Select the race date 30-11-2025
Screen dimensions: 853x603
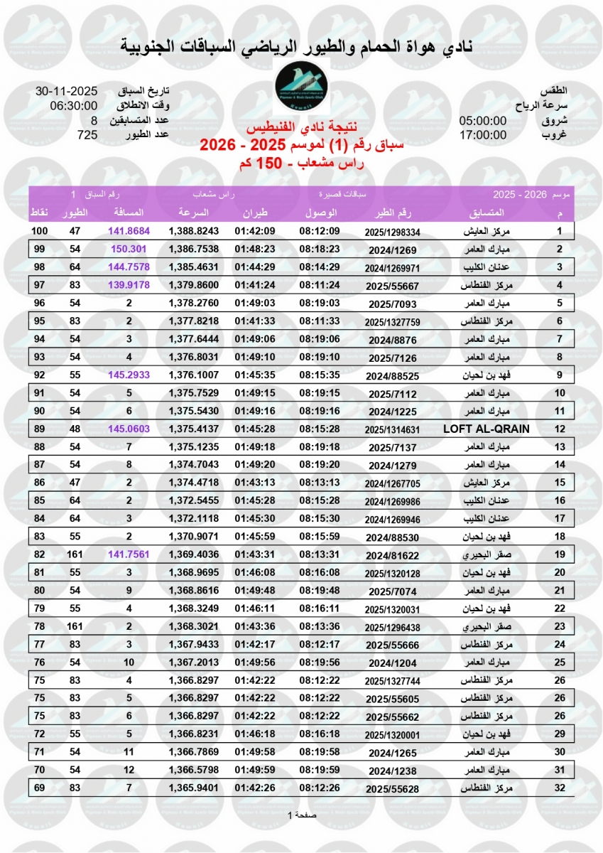(x=65, y=92)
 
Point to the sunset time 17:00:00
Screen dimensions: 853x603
(x=483, y=134)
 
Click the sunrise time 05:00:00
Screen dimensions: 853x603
(x=483, y=120)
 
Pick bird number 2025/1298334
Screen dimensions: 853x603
(x=393, y=232)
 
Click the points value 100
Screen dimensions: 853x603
(x=39, y=232)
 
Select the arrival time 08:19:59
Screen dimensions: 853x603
(x=320, y=771)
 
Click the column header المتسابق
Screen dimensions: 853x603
(x=487, y=213)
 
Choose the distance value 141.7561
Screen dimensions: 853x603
(x=129, y=554)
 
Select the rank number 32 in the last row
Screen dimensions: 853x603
(x=560, y=788)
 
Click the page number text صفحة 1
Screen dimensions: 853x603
(x=302, y=815)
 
